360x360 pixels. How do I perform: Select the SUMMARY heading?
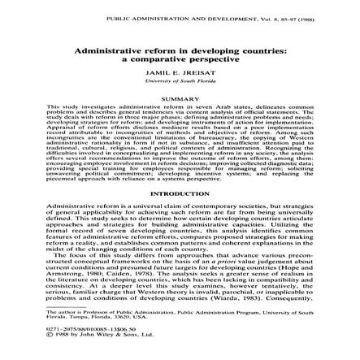pos(179,94)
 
